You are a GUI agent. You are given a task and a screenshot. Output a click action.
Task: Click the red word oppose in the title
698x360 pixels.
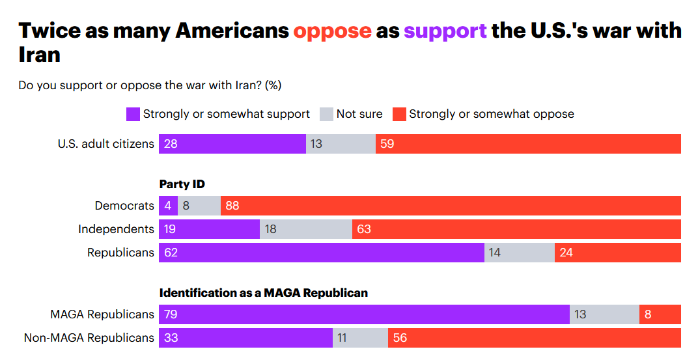point(332,31)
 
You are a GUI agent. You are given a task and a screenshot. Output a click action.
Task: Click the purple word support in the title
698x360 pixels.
point(445,31)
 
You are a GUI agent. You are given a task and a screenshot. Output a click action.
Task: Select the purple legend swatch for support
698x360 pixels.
point(133,114)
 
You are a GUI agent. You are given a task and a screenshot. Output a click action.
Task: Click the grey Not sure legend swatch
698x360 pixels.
point(326,114)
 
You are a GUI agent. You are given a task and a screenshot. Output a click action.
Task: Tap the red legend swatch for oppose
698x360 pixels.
point(399,114)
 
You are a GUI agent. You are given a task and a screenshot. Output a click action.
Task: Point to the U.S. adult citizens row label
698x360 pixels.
point(106,143)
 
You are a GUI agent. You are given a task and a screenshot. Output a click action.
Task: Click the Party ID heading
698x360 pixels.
point(182,184)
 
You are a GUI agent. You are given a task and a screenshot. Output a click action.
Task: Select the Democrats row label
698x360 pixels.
point(124,206)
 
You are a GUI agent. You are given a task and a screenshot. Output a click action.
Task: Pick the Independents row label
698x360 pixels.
point(116,229)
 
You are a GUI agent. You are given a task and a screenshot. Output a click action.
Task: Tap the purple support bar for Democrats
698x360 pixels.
point(168,206)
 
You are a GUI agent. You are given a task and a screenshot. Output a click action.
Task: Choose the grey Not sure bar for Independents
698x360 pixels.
point(305,229)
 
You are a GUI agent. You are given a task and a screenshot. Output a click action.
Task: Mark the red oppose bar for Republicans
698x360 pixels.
point(617,253)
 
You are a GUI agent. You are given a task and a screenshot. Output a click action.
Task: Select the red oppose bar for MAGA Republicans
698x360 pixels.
point(660,314)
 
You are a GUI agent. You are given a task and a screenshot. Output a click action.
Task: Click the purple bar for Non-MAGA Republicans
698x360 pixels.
point(245,338)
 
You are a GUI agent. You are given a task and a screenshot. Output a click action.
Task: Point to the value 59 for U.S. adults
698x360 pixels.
point(387,143)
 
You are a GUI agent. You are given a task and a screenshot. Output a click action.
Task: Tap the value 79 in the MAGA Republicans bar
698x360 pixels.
point(171,314)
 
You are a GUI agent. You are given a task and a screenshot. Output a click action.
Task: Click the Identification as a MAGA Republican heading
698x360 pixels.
point(264,293)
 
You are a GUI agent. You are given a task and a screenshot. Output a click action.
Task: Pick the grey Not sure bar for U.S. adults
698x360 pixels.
point(341,143)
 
